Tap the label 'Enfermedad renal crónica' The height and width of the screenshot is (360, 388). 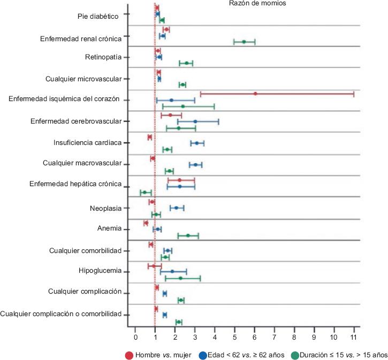tap(81, 39)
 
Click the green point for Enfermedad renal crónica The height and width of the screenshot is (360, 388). tap(244, 42)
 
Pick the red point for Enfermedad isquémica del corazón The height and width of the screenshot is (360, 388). tap(255, 94)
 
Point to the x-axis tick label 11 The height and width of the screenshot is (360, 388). tap(354, 338)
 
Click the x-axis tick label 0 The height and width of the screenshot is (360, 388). tap(135, 338)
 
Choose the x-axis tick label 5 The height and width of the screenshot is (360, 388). tap(234, 338)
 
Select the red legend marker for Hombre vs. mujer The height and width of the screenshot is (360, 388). tap(129, 354)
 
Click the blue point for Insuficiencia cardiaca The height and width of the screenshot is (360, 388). tap(197, 143)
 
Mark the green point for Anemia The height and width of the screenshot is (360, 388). tap(188, 235)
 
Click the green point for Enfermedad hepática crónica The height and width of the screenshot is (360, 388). tap(144, 192)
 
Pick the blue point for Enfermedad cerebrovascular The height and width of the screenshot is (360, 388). tap(195, 121)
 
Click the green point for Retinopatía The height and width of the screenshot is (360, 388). tap(186, 63)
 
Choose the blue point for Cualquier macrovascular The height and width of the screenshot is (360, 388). tap(195, 165)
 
